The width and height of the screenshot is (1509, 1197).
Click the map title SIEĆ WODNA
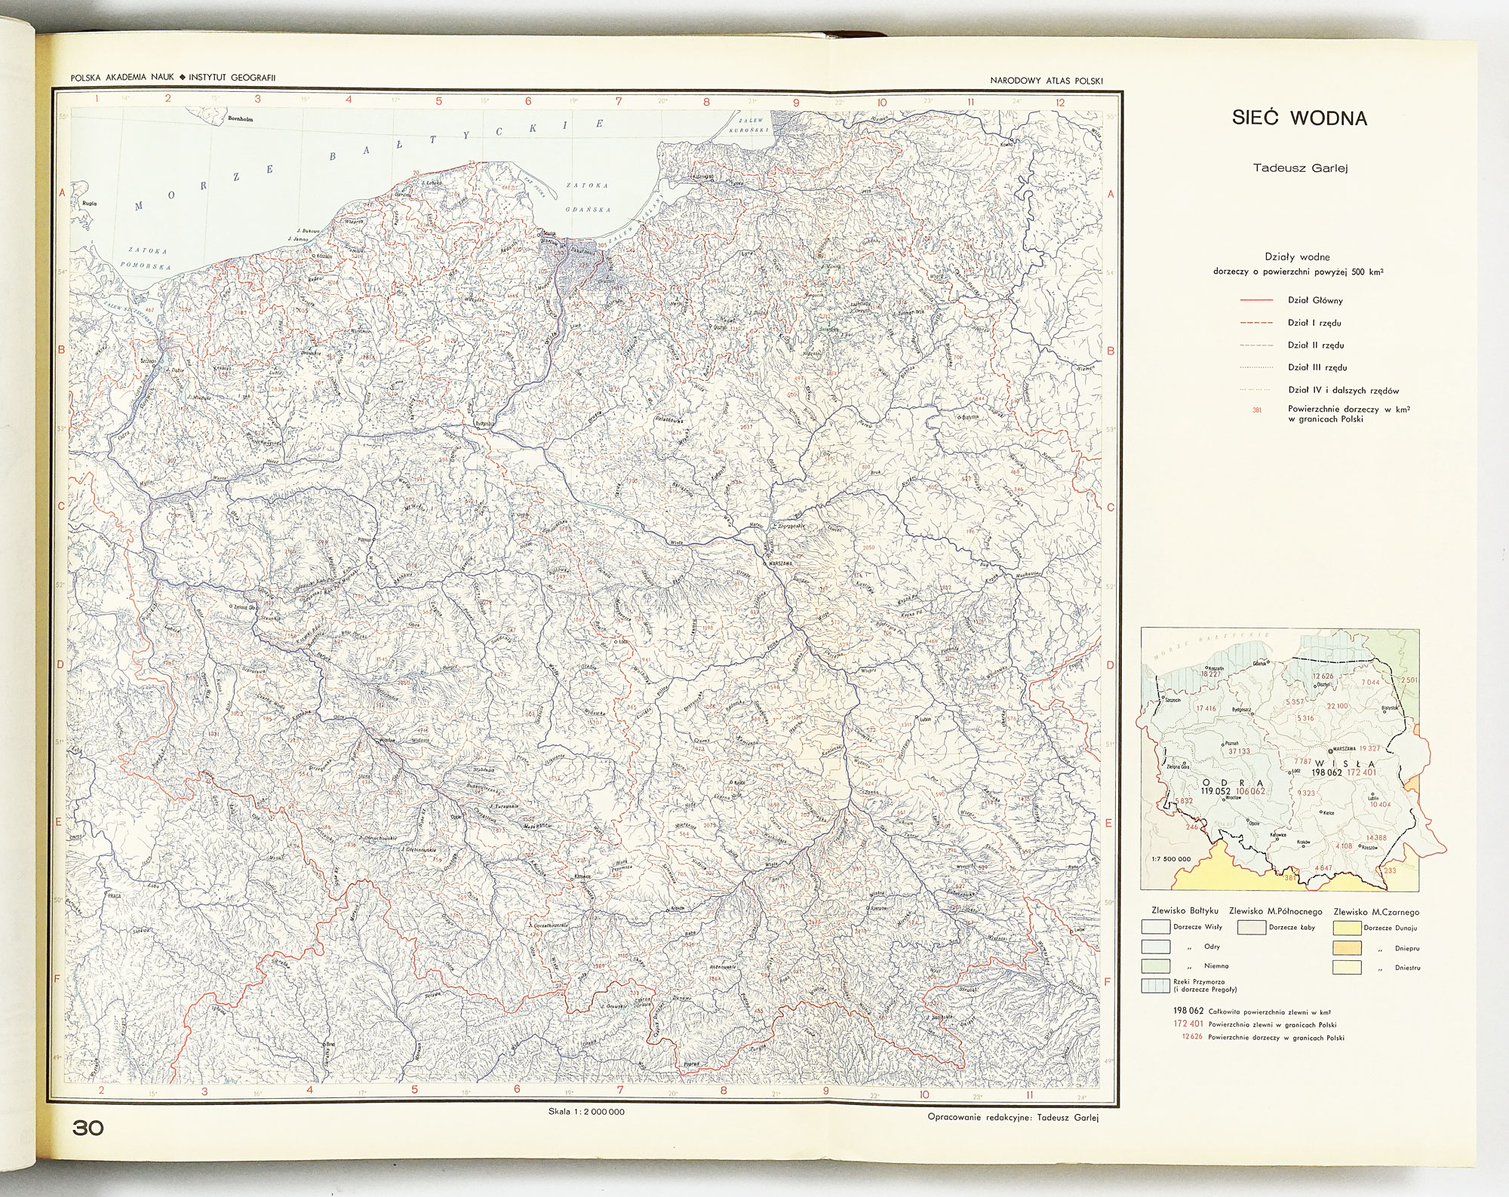tap(1299, 118)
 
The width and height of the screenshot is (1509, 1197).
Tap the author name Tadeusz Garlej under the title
tap(1299, 168)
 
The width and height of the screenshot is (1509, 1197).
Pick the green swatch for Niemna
tap(1155, 966)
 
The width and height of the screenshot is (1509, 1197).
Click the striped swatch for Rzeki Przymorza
tap(1155, 985)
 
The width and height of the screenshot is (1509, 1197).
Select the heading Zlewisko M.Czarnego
tap(1377, 911)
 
